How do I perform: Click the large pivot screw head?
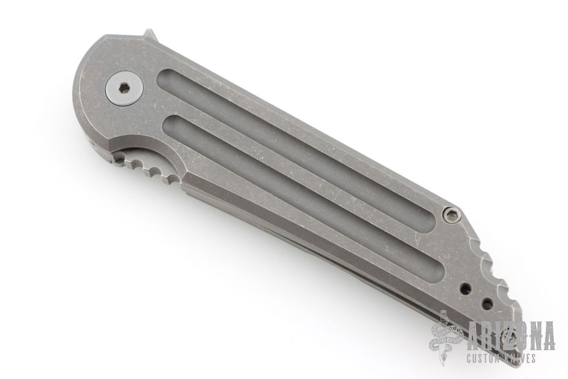pos(124,88)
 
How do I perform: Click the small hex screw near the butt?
pos(452,215)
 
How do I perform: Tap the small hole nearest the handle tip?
pos(487,302)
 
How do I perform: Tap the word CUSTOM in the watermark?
pos(484,359)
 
